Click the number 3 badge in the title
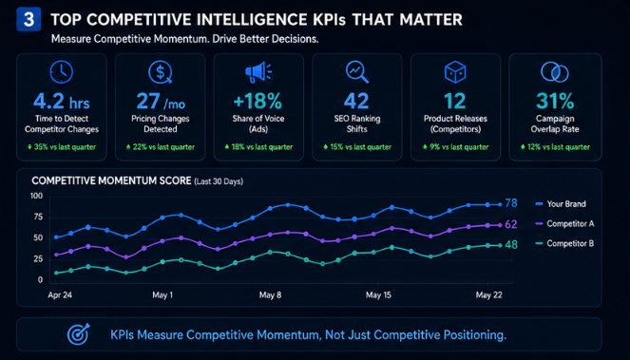click(x=29, y=19)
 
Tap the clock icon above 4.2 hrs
click(x=62, y=72)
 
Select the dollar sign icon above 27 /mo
click(x=161, y=72)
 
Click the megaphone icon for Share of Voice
click(x=258, y=72)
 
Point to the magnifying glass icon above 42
click(x=356, y=72)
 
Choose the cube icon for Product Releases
click(x=455, y=72)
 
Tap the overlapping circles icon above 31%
click(x=555, y=72)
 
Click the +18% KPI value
click(x=258, y=101)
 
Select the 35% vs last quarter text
click(x=62, y=147)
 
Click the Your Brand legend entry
click(x=561, y=204)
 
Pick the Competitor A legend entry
click(x=564, y=224)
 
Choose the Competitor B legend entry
click(x=564, y=243)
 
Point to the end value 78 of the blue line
click(x=511, y=203)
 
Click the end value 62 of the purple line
click(x=511, y=224)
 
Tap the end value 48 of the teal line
click(x=511, y=245)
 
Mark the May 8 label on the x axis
click(x=270, y=295)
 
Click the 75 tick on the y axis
click(x=38, y=218)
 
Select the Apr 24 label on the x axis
click(x=60, y=295)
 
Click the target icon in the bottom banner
click(x=78, y=334)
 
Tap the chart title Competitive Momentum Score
click(x=111, y=180)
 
